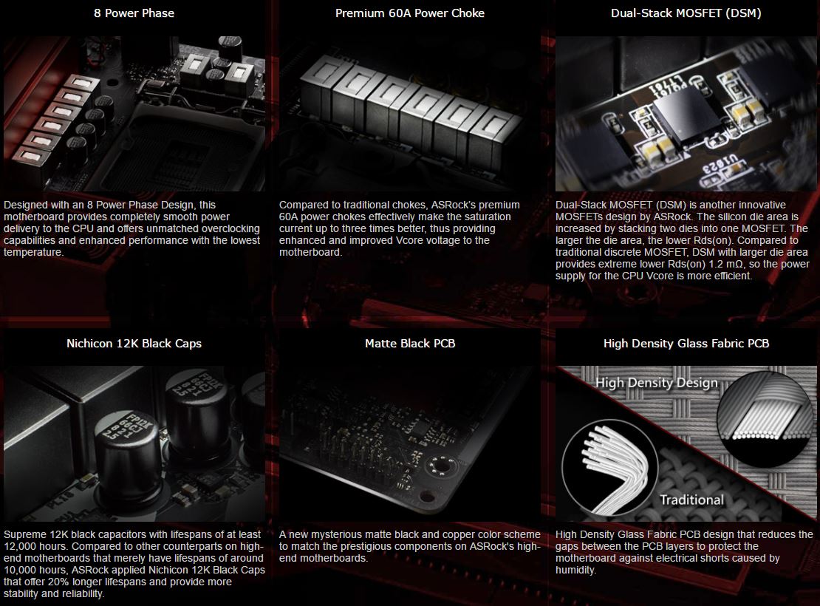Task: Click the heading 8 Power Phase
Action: pos(134,13)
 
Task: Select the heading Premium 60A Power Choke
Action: pos(410,13)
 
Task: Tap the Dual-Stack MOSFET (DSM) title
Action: pos(686,13)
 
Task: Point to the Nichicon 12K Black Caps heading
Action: pos(134,344)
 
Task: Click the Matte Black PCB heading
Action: pos(410,344)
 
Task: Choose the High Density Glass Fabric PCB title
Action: pos(686,344)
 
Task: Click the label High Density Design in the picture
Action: pos(656,383)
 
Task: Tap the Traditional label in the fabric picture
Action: pos(691,500)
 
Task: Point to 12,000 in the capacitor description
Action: pos(21,546)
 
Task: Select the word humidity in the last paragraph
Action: pos(575,570)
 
